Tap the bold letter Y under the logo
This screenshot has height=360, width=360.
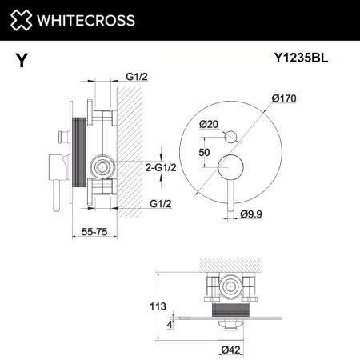(x=18, y=58)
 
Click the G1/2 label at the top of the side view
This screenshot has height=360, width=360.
(x=137, y=78)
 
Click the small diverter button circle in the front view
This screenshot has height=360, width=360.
(x=230, y=135)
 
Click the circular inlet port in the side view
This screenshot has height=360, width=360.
(x=102, y=167)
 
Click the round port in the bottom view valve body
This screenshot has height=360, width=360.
(x=232, y=286)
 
